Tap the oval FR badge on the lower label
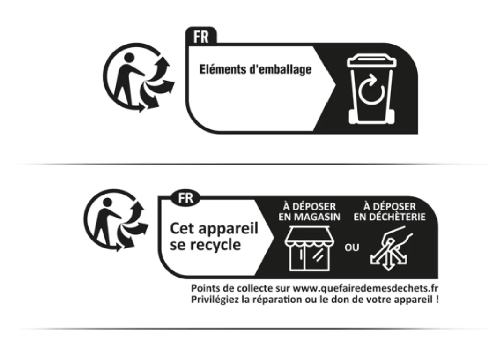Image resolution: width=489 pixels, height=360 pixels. [186, 198]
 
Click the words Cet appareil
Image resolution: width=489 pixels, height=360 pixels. [214, 229]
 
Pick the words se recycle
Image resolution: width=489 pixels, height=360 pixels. [205, 245]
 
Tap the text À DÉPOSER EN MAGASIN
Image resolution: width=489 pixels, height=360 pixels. [310, 211]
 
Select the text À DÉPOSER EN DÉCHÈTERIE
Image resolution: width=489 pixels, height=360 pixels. [389, 211]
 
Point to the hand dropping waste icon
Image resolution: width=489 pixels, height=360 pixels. [390, 248]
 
